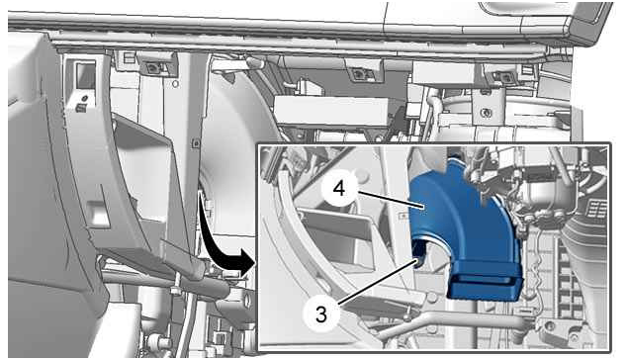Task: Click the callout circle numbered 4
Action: [x=339, y=188]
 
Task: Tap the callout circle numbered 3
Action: [x=320, y=315]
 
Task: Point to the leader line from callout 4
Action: [x=390, y=200]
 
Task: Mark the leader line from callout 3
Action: [x=377, y=282]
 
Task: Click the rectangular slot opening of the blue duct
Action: [x=485, y=282]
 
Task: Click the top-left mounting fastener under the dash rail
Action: [x=152, y=67]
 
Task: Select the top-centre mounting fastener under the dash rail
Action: [x=357, y=73]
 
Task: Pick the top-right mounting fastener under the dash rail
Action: [x=499, y=75]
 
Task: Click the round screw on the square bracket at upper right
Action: [x=487, y=113]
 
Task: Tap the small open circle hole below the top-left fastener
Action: [x=175, y=84]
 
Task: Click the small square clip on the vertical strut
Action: [x=196, y=142]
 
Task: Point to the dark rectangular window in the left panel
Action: [x=86, y=76]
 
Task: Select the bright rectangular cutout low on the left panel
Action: [x=97, y=212]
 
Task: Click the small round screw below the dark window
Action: [x=84, y=98]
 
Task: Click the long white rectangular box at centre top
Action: [x=332, y=111]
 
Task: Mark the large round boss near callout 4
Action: [x=362, y=175]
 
